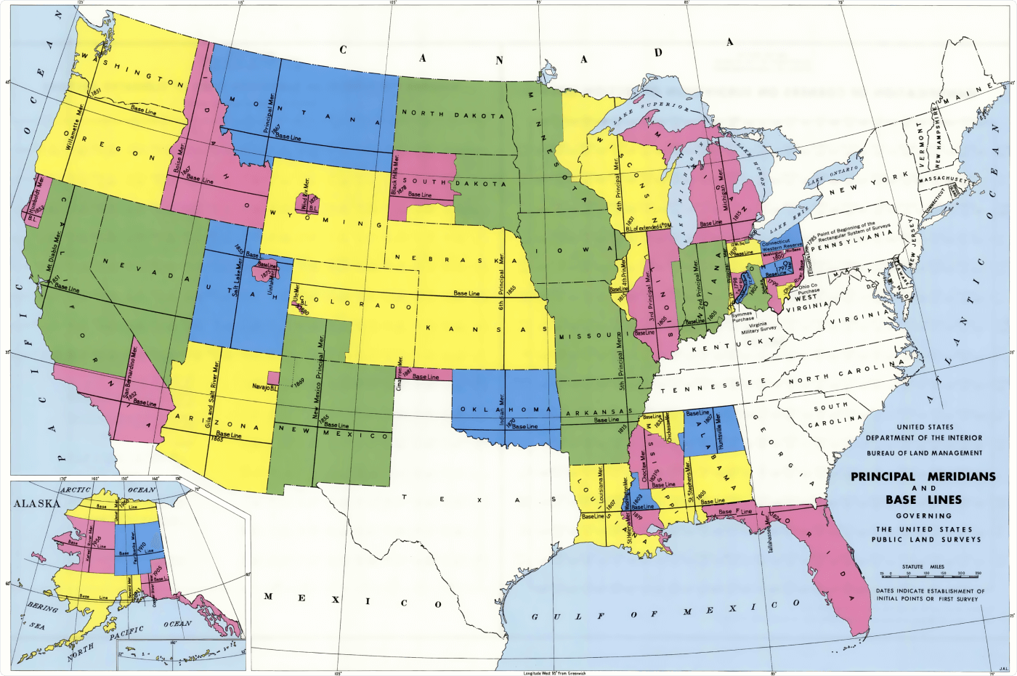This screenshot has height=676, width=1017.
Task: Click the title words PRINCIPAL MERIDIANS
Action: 923,477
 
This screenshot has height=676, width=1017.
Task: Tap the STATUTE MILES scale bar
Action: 930,574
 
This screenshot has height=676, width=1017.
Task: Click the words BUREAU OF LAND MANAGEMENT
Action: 924,452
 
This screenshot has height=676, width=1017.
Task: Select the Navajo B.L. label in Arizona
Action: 265,388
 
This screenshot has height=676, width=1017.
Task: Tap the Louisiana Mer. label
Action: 600,486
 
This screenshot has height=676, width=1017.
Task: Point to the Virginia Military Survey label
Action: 758,327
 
